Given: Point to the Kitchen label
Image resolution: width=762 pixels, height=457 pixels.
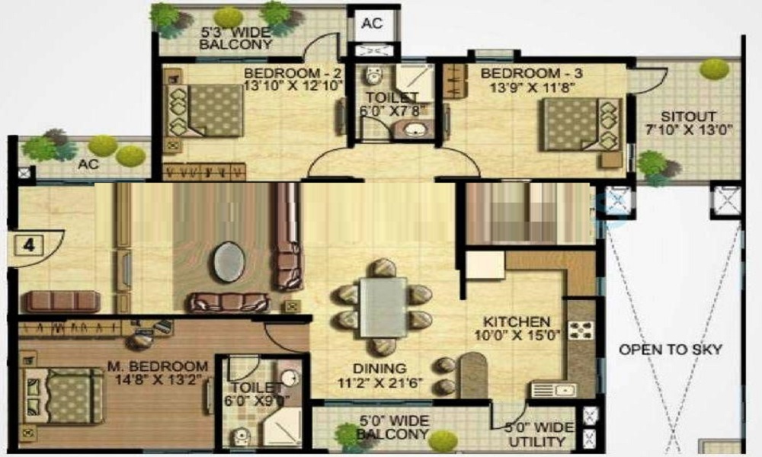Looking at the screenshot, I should pyautogui.click(x=522, y=322).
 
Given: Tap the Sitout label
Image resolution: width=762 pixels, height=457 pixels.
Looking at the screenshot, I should pyautogui.click(x=689, y=117).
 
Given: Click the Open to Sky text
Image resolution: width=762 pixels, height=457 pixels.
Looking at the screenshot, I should pyautogui.click(x=670, y=350).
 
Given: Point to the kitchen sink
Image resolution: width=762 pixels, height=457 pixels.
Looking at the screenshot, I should pyautogui.click(x=554, y=390).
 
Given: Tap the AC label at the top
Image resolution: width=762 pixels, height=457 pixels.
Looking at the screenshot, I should pyautogui.click(x=372, y=24).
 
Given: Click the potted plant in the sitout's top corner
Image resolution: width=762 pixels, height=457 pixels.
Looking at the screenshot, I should pyautogui.click(x=714, y=69).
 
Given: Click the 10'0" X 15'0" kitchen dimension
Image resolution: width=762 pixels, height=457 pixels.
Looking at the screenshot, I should pyautogui.click(x=517, y=335).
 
